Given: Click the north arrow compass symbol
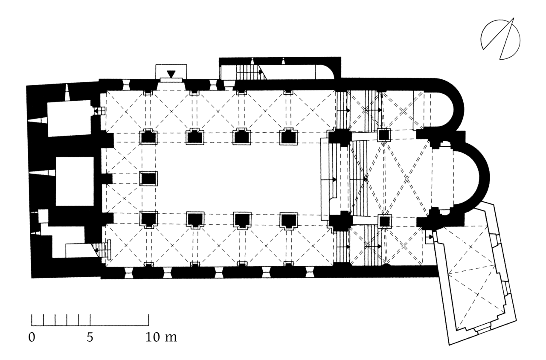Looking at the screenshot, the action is click(x=500, y=39).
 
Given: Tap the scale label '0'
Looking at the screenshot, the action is click(x=32, y=337).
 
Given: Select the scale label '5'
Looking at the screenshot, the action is click(x=90, y=337).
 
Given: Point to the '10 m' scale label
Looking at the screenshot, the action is click(x=161, y=337).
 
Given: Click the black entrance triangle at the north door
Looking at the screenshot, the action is click(x=171, y=74).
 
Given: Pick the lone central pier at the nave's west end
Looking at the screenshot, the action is click(x=148, y=178).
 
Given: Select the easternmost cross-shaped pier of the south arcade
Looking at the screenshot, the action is click(x=289, y=221).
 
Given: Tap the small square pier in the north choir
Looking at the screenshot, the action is click(x=384, y=135).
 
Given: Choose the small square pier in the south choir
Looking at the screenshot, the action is click(x=385, y=221).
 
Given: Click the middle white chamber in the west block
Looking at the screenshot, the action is click(x=75, y=181).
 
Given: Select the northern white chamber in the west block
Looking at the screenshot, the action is click(x=70, y=118).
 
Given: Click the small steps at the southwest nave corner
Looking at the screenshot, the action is click(x=104, y=250).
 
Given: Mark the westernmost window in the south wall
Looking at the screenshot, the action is click(x=128, y=273).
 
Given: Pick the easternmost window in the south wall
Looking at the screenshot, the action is click(x=310, y=272).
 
